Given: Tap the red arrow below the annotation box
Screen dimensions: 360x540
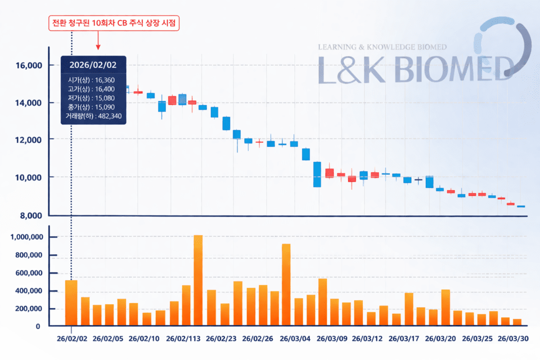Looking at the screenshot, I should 98,42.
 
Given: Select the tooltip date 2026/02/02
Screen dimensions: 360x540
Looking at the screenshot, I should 93,65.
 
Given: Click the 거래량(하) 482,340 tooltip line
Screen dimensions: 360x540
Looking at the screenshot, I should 93,116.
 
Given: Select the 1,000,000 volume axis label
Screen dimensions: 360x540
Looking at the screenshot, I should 27,237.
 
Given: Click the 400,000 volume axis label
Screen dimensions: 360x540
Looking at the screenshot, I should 29,291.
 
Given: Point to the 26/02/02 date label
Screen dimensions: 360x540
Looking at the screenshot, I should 71,339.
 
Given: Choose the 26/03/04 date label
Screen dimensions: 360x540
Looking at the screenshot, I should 294,339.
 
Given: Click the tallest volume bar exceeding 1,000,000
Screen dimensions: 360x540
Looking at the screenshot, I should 198,280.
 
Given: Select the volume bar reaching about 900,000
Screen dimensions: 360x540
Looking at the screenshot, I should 286,285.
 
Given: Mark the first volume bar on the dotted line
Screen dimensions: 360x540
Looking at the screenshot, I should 71,303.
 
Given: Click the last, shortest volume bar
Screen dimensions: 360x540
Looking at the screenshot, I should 517,322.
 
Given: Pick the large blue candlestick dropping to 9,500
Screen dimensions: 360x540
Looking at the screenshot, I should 317,174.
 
